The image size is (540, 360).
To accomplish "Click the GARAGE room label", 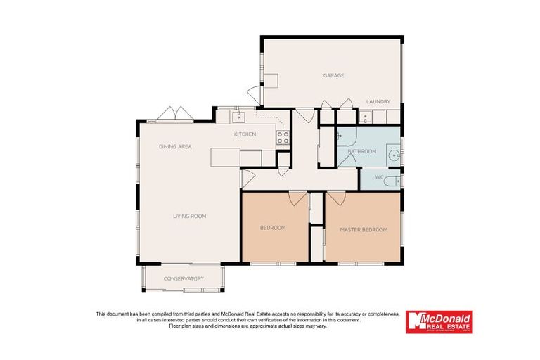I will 333,75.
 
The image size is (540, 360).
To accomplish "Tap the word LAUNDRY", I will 378,102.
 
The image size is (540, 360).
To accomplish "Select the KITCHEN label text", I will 245,134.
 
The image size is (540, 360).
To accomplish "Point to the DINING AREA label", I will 175,146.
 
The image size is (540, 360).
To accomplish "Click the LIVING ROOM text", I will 189,216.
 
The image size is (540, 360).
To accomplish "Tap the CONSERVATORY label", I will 184,278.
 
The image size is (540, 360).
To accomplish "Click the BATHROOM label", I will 362,151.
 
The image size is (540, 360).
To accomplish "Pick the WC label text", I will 378,177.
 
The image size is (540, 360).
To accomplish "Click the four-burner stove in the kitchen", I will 283,138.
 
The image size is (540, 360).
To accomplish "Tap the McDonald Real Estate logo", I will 439,322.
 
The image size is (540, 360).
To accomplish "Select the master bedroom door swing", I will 335,199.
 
